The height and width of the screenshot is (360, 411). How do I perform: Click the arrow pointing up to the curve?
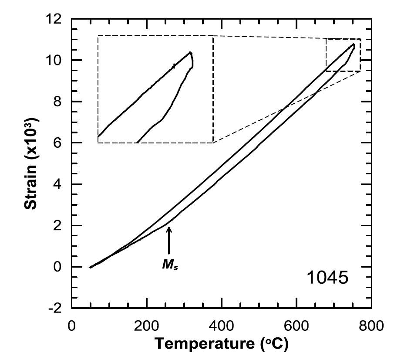click(x=169, y=242)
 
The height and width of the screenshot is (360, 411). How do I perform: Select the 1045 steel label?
click(x=327, y=278)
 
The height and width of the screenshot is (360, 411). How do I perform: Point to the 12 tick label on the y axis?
click(x=55, y=19)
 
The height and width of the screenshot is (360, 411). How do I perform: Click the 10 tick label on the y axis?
click(x=55, y=60)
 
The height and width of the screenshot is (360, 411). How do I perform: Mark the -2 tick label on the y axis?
click(x=55, y=308)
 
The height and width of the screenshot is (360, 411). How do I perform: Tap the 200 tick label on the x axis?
click(x=147, y=325)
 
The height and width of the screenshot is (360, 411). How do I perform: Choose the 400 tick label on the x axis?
click(x=222, y=325)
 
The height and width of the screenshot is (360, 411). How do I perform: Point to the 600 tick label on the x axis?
click(x=296, y=325)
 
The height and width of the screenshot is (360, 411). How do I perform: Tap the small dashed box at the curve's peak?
click(x=343, y=55)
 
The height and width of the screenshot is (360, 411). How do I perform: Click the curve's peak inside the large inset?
click(x=190, y=53)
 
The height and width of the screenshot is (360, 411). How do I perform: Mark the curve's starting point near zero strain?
click(x=91, y=267)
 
